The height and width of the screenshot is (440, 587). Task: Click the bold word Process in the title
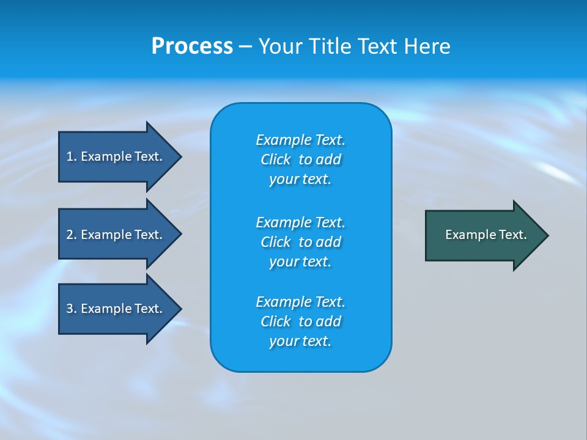192,46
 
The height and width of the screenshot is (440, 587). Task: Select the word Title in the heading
330,46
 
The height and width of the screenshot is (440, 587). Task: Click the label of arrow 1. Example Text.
114,156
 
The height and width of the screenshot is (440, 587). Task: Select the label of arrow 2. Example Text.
114,235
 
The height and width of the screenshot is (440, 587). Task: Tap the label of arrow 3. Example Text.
114,309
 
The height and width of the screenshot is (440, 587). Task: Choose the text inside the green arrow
485,235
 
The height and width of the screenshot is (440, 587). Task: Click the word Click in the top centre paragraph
276,159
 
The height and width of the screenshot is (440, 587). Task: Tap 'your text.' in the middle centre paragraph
300,262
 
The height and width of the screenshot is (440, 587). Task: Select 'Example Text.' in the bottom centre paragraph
300,302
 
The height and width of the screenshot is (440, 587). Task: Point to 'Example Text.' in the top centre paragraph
300,140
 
